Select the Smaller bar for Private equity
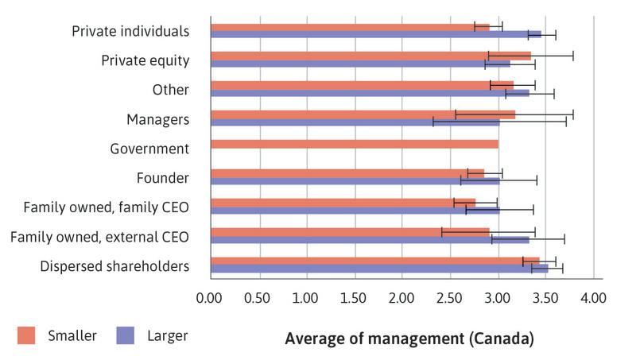tap(370, 56)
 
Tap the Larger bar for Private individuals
tap(375, 34)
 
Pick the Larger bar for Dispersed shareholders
tap(379, 269)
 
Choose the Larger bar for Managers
tap(355, 122)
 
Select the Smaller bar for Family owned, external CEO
tap(350, 232)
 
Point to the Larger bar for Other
tap(370, 93)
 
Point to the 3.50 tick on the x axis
tap(546, 298)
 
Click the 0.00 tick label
tap(209, 298)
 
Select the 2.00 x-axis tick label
tap(402, 298)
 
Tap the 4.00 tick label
tap(594, 298)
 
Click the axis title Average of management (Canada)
tap(409, 339)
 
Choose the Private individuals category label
tap(130, 31)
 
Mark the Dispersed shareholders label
tap(114, 266)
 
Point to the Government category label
tap(149, 149)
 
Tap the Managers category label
tap(157, 119)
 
